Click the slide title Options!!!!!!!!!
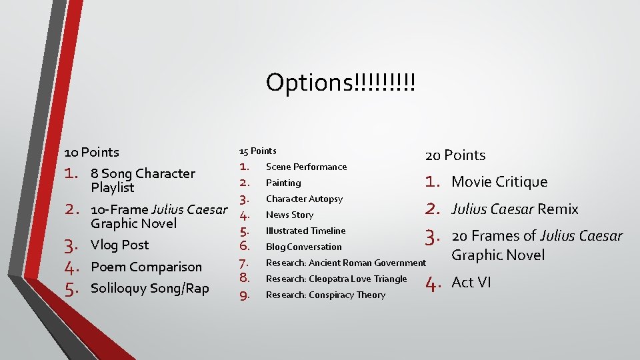click(340, 83)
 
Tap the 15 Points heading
click(257, 151)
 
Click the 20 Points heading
click(455, 155)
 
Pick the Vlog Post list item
click(119, 245)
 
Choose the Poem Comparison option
click(146, 267)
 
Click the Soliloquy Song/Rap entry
click(149, 288)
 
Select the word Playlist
click(113, 187)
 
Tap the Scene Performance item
click(306, 167)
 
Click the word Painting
click(283, 183)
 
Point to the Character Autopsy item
click(304, 199)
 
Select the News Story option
click(289, 215)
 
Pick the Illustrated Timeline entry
click(305, 231)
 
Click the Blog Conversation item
click(303, 247)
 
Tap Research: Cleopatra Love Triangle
click(336, 279)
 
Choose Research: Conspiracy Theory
click(325, 295)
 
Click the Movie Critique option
click(499, 182)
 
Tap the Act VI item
click(471, 283)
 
